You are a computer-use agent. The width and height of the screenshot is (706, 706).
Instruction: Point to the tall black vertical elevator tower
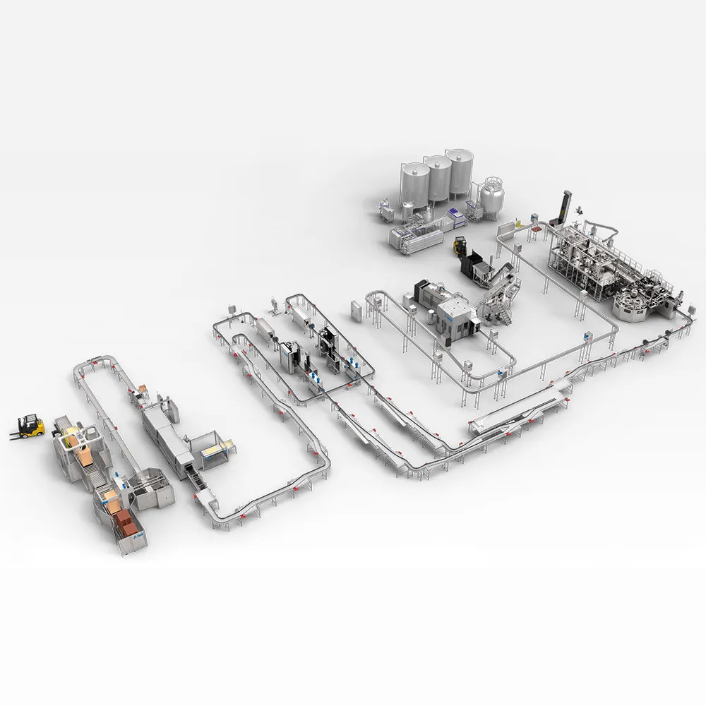coord(565,209)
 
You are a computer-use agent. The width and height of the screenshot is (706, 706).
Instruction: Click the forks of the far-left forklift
coord(16,433)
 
